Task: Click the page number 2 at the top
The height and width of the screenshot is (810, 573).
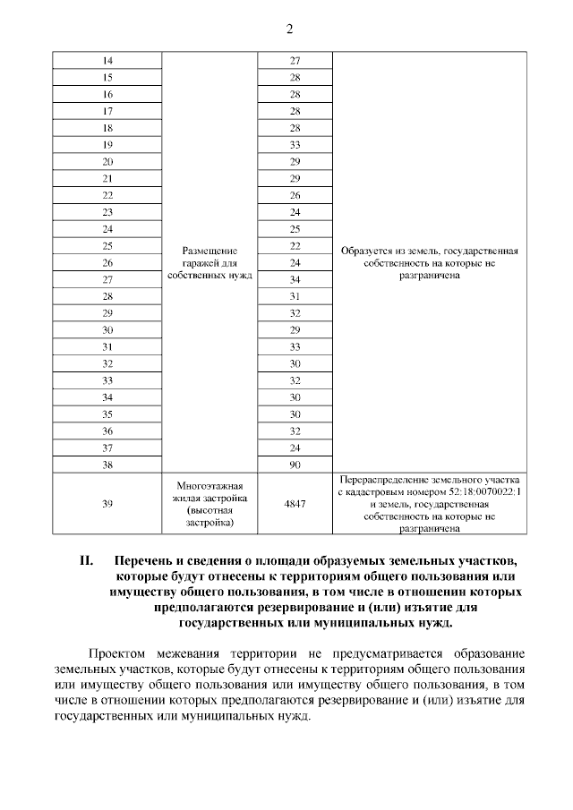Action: pos(289,30)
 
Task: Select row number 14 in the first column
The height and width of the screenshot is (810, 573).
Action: pos(107,61)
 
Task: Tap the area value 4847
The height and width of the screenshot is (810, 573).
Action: pos(295,504)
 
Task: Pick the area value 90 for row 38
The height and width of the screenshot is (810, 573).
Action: pos(295,465)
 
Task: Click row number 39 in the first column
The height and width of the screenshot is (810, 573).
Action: pos(107,504)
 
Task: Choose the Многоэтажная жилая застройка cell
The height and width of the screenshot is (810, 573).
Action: pos(210,504)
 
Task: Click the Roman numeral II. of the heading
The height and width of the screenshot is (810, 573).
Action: pos(87,561)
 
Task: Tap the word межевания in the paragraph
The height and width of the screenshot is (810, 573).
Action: pos(192,653)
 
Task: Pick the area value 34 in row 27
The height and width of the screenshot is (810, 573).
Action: pos(295,279)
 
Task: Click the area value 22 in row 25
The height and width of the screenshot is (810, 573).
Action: pos(295,245)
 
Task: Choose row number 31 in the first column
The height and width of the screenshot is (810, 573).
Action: pos(107,346)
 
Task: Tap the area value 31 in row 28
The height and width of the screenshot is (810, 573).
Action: pos(295,296)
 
